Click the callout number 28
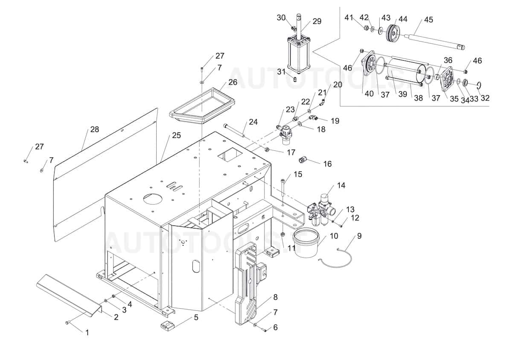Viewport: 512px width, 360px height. pyautogui.click(x=94, y=129)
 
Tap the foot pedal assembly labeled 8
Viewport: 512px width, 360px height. pyautogui.click(x=250, y=282)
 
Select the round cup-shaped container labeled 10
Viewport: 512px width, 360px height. pyautogui.click(x=316, y=243)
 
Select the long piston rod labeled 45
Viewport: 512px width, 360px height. pyautogui.click(x=435, y=41)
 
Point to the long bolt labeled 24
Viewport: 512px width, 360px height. pyautogui.click(x=234, y=130)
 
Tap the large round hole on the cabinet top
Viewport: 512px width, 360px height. pyautogui.click(x=152, y=199)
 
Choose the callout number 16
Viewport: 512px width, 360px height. pyautogui.click(x=327, y=164)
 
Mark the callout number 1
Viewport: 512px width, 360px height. pyautogui.click(x=87, y=332)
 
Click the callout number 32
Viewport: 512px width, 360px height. pyautogui.click(x=485, y=98)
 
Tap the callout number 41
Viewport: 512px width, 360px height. pyautogui.click(x=349, y=18)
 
